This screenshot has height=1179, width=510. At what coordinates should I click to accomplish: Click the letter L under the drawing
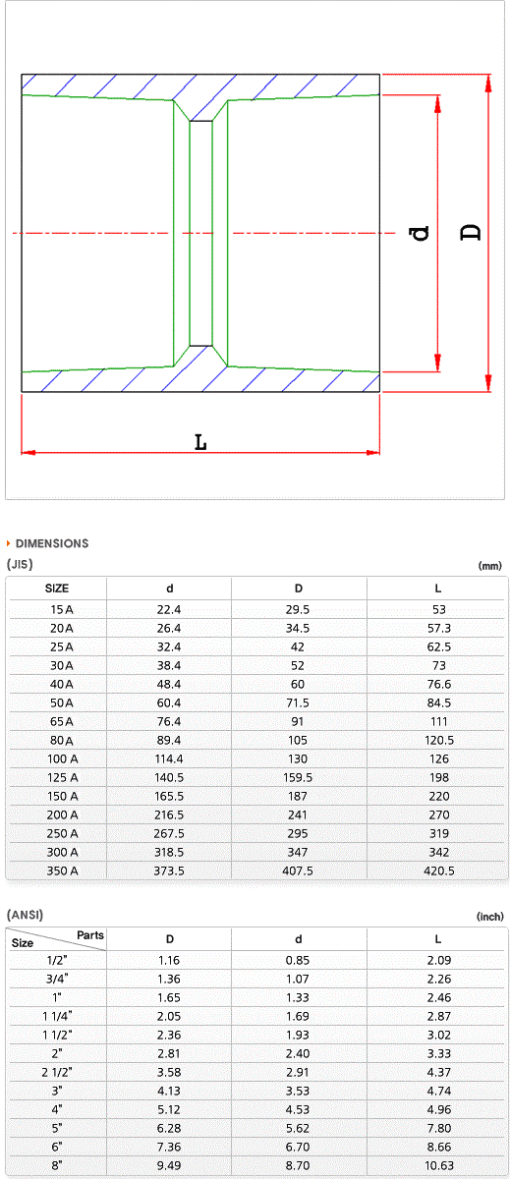200,442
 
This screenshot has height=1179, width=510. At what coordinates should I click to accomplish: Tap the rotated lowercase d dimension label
420,233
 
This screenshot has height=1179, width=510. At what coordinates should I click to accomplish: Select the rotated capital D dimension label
471,232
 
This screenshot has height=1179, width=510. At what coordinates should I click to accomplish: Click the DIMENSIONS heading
52,543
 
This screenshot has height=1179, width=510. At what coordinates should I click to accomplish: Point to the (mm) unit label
489,566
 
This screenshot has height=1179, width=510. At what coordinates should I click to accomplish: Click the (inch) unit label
489,917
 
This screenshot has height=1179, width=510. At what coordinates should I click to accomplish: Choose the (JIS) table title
20,564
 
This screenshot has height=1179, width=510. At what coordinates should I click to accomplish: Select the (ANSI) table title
25,915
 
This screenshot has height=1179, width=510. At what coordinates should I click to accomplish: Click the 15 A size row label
62,609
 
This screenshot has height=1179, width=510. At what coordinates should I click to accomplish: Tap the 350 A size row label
62,870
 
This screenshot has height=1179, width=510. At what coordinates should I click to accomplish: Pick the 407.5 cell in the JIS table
298,870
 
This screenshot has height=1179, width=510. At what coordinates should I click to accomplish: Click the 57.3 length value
439,628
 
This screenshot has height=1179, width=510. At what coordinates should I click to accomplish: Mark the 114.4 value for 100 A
168,758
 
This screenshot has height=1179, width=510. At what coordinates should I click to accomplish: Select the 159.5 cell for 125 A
298,777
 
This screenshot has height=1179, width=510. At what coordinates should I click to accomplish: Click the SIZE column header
57,589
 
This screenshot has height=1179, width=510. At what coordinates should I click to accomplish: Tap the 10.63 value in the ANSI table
439,1165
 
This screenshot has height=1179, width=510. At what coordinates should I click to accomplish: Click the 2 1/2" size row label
57,1072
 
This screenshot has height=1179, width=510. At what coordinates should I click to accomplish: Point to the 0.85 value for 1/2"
298,960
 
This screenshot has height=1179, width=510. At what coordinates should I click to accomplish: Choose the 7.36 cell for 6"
168,1147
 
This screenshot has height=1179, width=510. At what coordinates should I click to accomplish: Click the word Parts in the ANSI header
90,934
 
